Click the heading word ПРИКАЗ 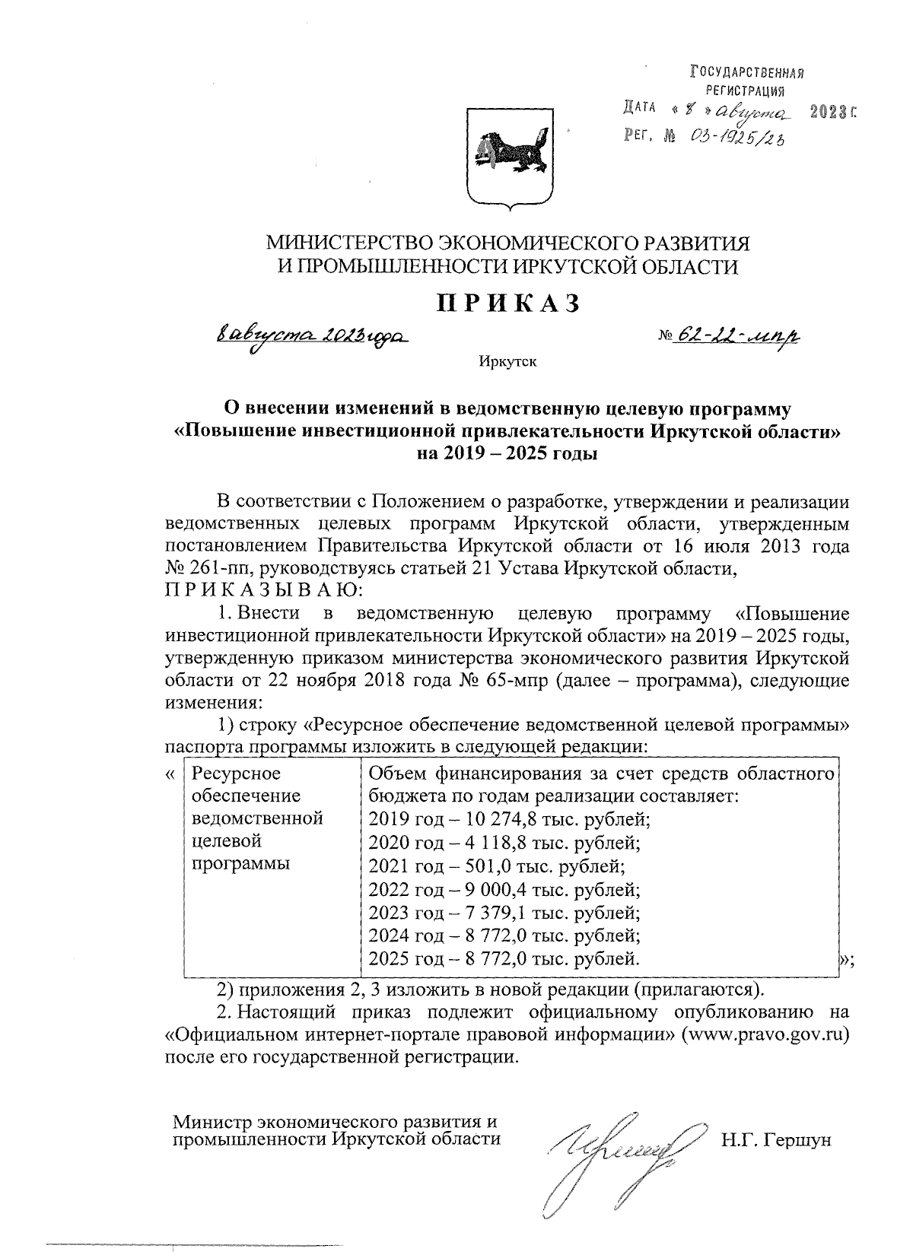point(507,303)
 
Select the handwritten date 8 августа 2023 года point(313,335)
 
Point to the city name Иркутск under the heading point(507,361)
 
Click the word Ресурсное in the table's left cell point(237,774)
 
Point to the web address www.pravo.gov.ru point(766,1035)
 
